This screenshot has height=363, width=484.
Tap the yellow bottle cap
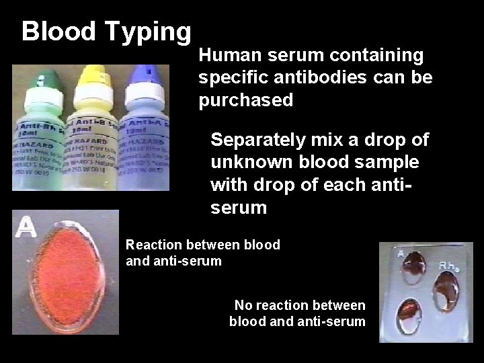[94, 75]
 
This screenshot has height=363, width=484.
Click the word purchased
[246, 100]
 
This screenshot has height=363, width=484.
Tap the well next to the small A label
[415, 264]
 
